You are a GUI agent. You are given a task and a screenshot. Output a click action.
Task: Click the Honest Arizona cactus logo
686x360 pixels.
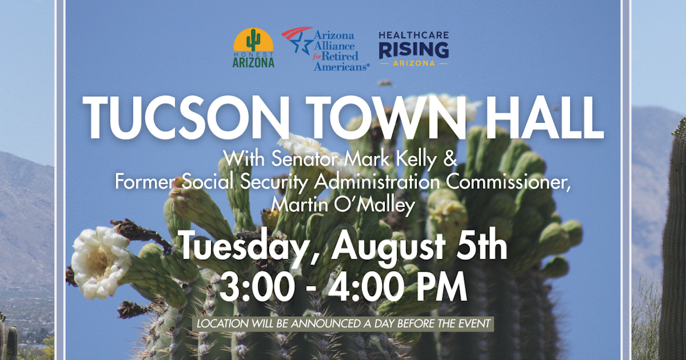pos(254,48)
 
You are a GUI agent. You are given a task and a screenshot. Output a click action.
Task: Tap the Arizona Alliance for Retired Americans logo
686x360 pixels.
pos(326,49)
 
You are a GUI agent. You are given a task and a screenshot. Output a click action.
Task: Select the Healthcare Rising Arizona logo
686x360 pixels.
pos(414,49)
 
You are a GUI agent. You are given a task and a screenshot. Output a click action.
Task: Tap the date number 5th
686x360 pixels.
pos(481,248)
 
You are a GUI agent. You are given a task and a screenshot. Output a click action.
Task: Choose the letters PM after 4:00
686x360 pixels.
pos(440,288)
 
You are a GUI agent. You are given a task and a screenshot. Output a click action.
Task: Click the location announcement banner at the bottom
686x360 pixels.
pos(343,323)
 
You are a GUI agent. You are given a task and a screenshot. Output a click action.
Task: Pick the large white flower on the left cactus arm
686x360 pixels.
pos(101,261)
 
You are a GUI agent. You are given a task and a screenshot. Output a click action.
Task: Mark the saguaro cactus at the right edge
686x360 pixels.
pos(672,241)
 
